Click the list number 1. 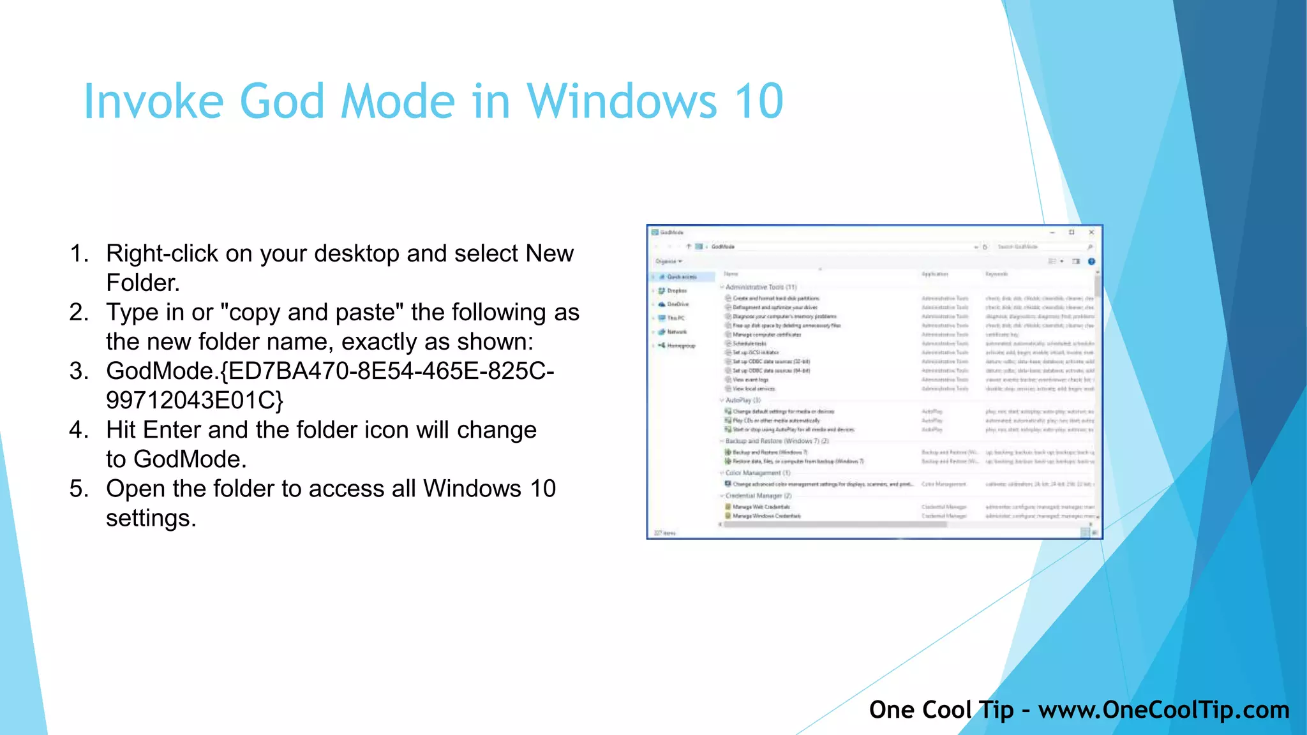(x=78, y=254)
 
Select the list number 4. (x=78, y=430)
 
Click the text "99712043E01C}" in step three (x=195, y=401)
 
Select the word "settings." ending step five (x=151, y=518)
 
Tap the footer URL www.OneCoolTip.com (x=1163, y=710)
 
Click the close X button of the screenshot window (x=1091, y=232)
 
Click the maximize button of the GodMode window (x=1072, y=232)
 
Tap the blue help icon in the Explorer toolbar (x=1091, y=262)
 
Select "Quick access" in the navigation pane (x=682, y=277)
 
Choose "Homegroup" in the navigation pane (x=681, y=346)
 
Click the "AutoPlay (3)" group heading (x=743, y=400)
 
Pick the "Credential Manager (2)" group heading (x=758, y=496)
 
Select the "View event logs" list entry (x=751, y=380)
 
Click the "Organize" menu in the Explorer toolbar (x=668, y=262)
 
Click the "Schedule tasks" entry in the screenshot (x=750, y=343)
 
